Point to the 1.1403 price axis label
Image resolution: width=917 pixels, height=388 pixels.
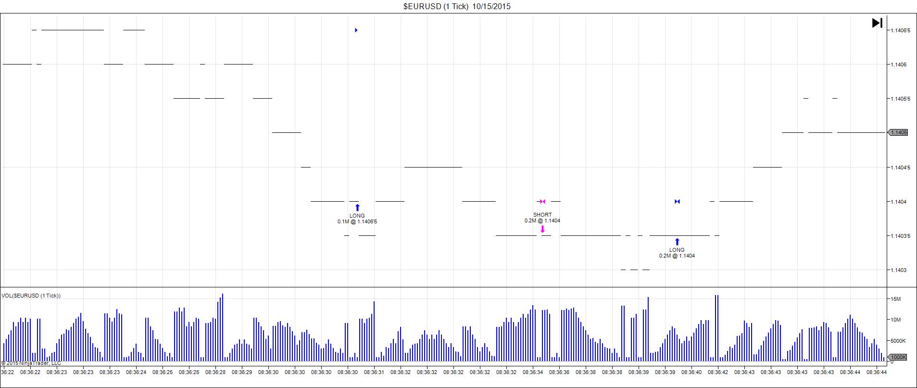(898, 270)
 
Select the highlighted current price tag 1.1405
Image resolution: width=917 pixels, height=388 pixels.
(899, 132)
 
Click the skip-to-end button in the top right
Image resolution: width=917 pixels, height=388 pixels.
(877, 23)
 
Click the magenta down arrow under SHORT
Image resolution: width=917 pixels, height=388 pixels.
(542, 229)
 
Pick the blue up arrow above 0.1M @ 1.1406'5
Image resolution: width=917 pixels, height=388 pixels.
(357, 207)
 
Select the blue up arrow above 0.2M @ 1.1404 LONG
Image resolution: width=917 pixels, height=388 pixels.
(677, 242)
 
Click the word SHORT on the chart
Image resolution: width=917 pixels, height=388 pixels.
(542, 215)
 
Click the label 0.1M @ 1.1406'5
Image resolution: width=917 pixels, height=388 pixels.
(357, 221)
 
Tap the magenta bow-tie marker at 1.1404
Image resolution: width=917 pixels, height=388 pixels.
(542, 201)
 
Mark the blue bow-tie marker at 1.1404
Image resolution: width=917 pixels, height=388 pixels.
(677, 201)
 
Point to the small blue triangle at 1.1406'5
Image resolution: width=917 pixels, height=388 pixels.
(356, 30)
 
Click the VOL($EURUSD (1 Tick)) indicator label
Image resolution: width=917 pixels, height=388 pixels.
(31, 296)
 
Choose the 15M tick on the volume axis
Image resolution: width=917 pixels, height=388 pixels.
(895, 299)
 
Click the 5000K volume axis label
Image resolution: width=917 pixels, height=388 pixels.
(897, 341)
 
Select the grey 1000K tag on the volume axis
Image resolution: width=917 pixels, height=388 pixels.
(898, 357)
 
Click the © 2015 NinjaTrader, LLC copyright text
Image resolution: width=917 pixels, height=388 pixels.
(31, 363)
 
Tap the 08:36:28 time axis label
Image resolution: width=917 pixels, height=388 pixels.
(215, 372)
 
